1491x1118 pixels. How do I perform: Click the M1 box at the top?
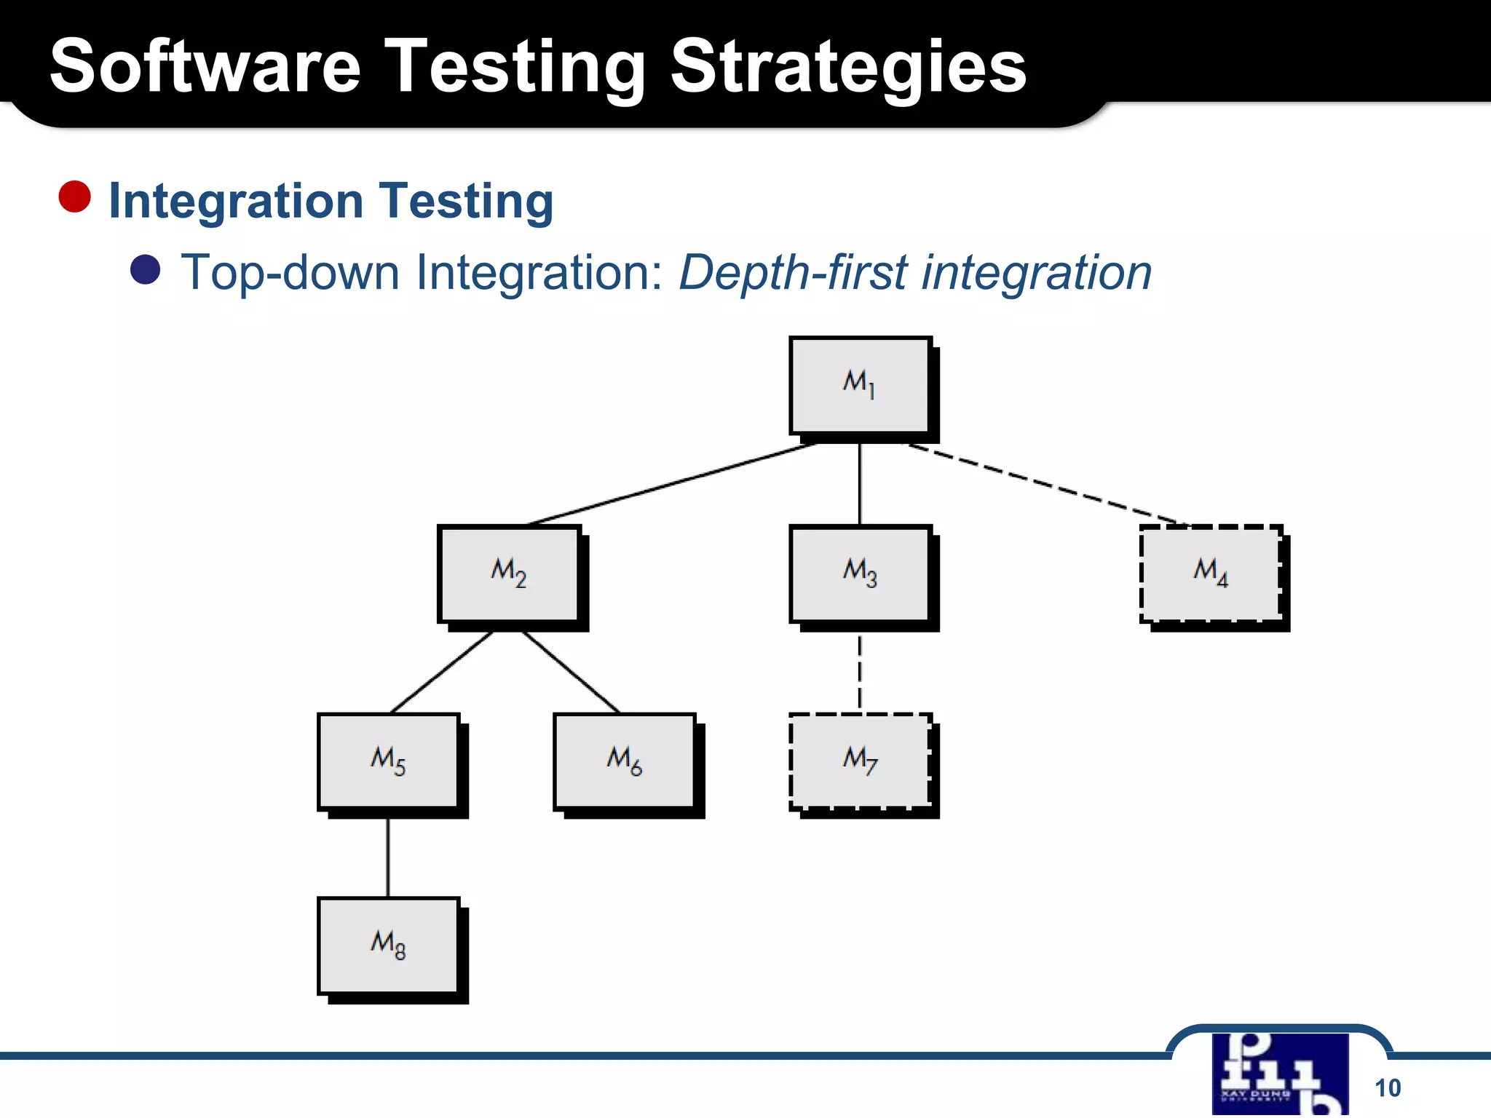point(860,385)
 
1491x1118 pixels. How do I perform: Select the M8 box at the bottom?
point(388,945)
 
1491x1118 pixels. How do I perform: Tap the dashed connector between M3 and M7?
point(860,673)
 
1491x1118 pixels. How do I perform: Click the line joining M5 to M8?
point(388,857)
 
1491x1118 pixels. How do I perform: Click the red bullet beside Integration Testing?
point(74,197)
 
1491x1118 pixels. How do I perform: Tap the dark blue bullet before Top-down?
point(145,269)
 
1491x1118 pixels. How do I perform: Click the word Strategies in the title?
point(847,67)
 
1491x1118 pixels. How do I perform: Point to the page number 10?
point(1387,1087)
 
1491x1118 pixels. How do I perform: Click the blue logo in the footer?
point(1280,1074)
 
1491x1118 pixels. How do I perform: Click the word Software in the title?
point(205,67)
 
